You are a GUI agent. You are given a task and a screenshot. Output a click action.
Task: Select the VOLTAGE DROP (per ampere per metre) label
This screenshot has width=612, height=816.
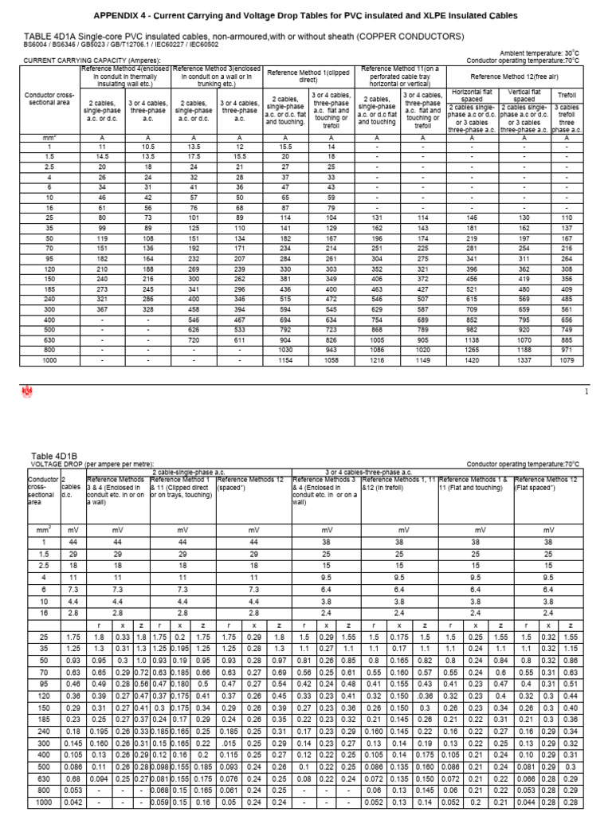(100, 463)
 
